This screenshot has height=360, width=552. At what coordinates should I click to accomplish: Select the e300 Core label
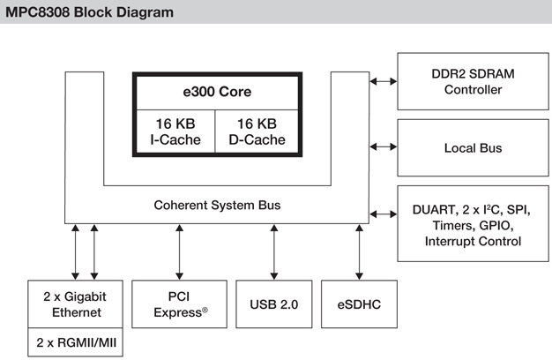tap(206, 92)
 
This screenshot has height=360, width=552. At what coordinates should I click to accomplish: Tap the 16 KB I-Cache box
tap(173, 131)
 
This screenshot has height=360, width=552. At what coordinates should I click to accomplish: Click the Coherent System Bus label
tap(217, 205)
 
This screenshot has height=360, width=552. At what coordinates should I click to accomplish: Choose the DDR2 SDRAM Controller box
tap(472, 81)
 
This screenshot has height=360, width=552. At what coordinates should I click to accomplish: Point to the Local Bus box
tap(472, 147)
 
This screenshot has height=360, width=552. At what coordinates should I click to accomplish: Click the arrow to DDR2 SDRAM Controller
tap(384, 81)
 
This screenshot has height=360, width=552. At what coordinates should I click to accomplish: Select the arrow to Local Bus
tap(384, 146)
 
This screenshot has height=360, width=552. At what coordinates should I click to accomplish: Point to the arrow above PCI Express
tap(180, 251)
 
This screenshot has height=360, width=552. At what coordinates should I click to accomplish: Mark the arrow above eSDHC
tap(360, 251)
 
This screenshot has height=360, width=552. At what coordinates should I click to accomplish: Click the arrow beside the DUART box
tap(384, 213)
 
